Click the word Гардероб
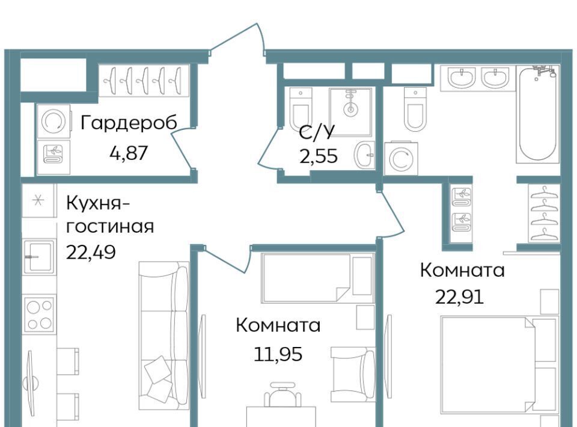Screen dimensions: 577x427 (129, 123)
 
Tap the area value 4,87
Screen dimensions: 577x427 (129, 153)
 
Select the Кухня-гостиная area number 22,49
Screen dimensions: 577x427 (91, 252)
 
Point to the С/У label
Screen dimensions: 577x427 (317, 132)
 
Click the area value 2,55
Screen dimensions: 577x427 (319, 156)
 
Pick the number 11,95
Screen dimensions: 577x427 (278, 354)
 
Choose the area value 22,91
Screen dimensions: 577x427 (459, 297)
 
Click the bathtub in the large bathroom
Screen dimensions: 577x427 (537, 114)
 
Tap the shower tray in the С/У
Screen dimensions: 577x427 (350, 111)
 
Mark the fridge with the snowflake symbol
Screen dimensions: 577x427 (38, 201)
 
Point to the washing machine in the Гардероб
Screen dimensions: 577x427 (53, 121)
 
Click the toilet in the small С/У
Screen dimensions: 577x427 (301, 108)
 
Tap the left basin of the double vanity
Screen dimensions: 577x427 (461, 78)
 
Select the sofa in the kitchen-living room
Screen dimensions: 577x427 (164, 336)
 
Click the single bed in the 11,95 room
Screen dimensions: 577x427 (317, 278)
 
